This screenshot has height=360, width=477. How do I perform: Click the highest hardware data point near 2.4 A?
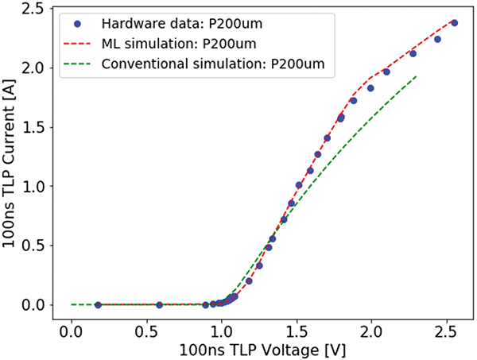click(x=454, y=23)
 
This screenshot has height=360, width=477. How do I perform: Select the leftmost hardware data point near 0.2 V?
click(x=98, y=304)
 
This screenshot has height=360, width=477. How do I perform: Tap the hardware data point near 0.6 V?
click(x=159, y=304)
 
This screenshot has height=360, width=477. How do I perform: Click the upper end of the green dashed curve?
click(x=416, y=76)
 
